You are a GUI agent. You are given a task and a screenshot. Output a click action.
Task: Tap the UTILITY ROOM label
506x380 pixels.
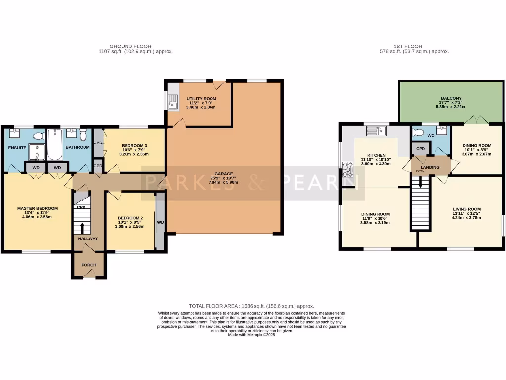[201, 99]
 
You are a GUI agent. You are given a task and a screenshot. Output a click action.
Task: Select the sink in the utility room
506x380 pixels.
[173, 104]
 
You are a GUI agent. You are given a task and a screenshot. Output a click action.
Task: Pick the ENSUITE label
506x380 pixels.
[17, 147]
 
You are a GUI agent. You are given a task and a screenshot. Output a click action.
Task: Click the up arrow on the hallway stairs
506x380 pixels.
[82, 228]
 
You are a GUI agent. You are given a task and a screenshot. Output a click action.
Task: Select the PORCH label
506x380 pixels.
[89, 265]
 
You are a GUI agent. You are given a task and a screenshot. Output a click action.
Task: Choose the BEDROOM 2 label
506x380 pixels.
[130, 218]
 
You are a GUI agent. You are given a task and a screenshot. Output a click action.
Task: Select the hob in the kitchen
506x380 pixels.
[347, 169]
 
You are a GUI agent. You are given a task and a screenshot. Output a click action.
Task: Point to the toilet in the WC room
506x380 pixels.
[419, 133]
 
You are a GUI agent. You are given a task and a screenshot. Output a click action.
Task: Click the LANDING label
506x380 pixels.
[430, 167]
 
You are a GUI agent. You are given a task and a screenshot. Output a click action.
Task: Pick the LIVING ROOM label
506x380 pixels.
[466, 209]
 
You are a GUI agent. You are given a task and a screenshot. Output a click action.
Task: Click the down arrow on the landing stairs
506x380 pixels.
[421, 182]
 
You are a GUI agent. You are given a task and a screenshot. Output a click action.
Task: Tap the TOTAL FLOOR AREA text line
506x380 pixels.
[252, 306]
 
